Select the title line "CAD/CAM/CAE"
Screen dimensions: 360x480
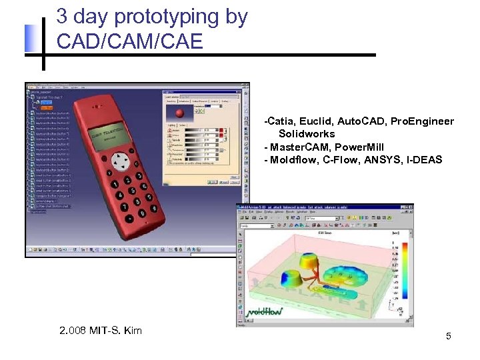[129, 41]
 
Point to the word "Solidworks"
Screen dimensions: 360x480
[307, 134]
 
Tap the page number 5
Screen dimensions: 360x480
[449, 336]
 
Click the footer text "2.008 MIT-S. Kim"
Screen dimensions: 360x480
[100, 331]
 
